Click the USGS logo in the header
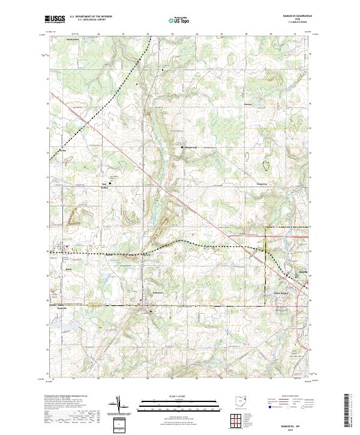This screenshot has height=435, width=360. (55, 20)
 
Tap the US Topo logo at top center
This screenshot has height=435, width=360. (178, 20)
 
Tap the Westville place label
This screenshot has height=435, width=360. (58, 307)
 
